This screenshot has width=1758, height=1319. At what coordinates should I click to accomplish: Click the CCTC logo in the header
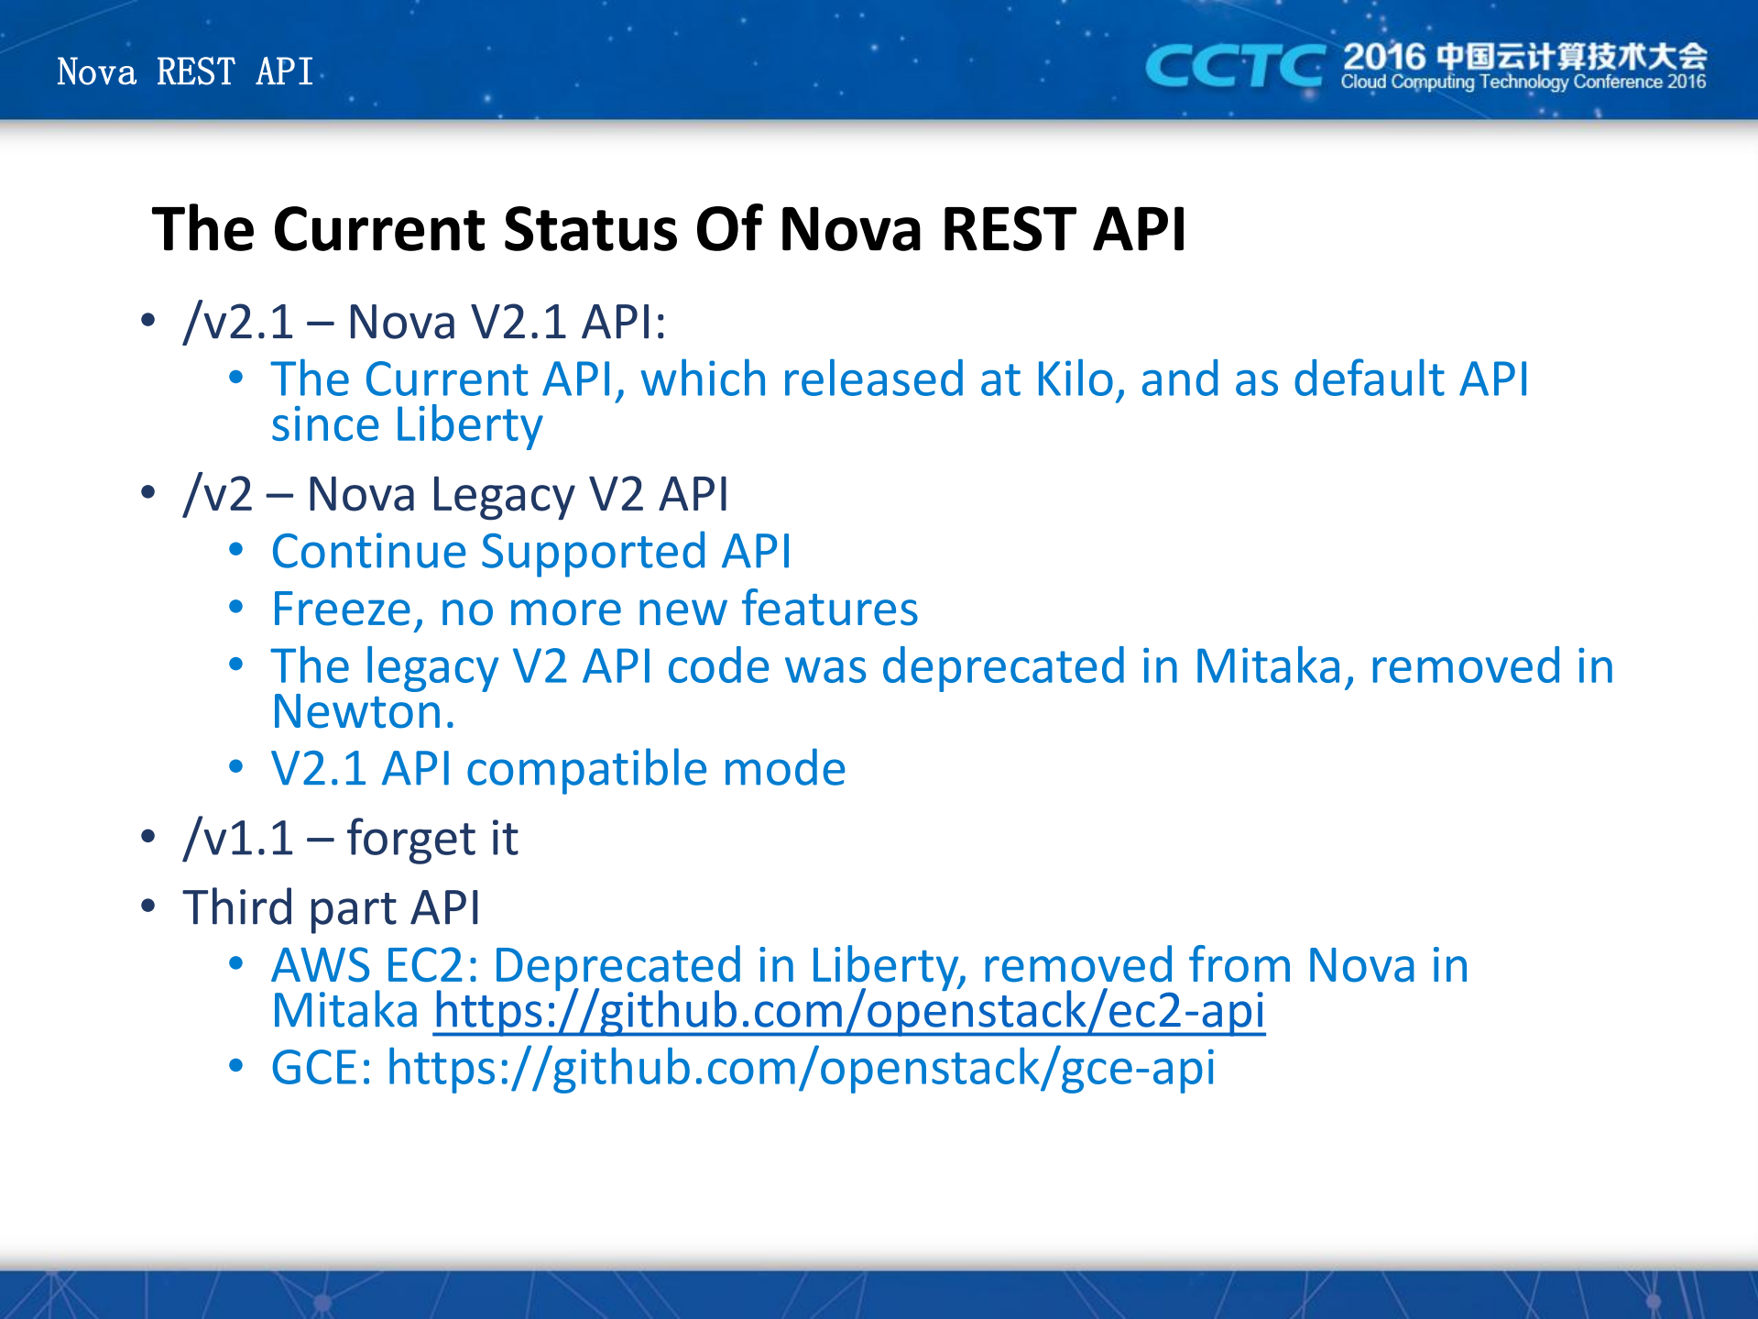point(1234,66)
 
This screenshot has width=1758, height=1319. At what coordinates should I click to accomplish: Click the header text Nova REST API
point(185,71)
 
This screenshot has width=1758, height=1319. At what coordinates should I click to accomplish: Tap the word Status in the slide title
point(591,228)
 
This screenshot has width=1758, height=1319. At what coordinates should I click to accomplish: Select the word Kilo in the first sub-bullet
point(1079,379)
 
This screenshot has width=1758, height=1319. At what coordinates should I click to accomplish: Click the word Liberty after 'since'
point(469,425)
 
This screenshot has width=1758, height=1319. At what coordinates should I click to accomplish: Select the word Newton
point(363,712)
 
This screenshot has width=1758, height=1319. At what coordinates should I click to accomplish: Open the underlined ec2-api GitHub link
point(849,1012)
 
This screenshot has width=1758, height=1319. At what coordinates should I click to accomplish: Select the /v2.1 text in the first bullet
point(239,322)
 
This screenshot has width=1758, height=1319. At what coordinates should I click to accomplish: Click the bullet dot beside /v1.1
point(148,836)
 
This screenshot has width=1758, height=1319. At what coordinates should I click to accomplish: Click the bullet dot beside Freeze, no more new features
point(236,607)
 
